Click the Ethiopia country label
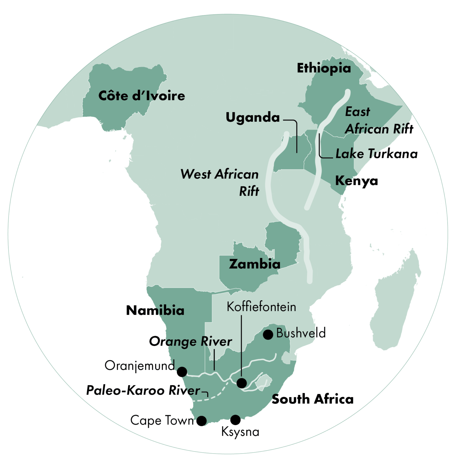[x=324, y=68]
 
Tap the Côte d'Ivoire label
[x=142, y=96]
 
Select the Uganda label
[x=253, y=117]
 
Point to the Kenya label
[x=356, y=181]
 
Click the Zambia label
[x=255, y=264]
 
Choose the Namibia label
[x=155, y=310]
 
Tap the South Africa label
[x=312, y=399]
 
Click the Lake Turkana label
[x=377, y=154]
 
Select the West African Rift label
[x=220, y=182]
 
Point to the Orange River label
[x=190, y=341]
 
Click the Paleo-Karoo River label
[x=143, y=390]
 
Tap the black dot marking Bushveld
[x=268, y=335]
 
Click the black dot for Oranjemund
[x=182, y=372]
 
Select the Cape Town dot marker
[x=201, y=421]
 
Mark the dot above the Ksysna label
[x=235, y=420]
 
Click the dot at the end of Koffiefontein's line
[x=242, y=383]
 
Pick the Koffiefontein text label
[x=261, y=307]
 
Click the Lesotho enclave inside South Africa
[x=263, y=382]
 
